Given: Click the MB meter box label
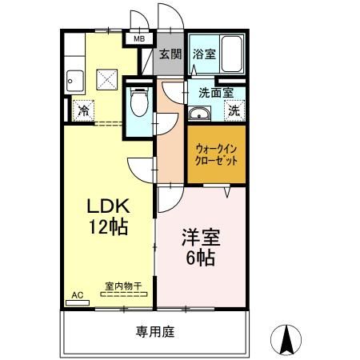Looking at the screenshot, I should tap(138, 38).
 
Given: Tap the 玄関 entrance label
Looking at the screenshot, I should tap(169, 54).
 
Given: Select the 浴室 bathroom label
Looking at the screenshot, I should tap(203, 54).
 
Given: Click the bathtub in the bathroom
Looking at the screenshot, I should tap(233, 54).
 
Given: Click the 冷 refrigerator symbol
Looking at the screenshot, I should tap(82, 111).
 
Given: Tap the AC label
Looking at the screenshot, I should tap(78, 295).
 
